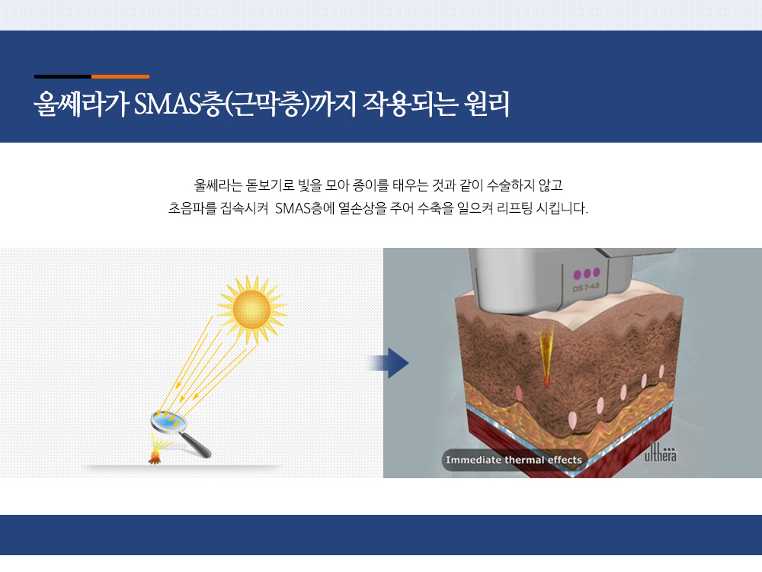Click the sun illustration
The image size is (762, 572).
251,310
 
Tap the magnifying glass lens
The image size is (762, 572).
168,421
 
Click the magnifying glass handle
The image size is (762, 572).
196,445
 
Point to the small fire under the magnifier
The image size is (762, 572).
155,457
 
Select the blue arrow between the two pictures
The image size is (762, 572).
388,363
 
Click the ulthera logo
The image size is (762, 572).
660,451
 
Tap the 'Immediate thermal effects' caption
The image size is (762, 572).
514,460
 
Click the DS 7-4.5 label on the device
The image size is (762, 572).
585,287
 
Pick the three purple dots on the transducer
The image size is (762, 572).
587,273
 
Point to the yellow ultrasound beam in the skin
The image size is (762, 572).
546,358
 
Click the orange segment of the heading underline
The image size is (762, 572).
120,76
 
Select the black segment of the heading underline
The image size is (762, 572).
62,76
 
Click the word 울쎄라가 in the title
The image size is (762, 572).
82,104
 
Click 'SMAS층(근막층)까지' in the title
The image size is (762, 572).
245,104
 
